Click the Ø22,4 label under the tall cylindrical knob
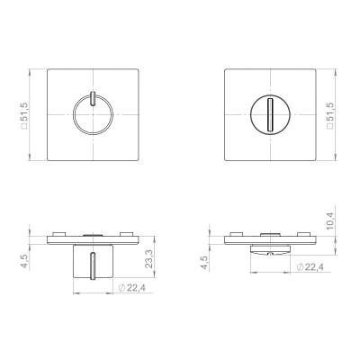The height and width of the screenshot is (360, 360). coord(132,287)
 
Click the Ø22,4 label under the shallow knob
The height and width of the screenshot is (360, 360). coord(308,266)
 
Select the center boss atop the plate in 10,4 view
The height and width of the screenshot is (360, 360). coord(269,232)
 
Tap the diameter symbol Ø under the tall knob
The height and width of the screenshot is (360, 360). coord(121,287)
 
